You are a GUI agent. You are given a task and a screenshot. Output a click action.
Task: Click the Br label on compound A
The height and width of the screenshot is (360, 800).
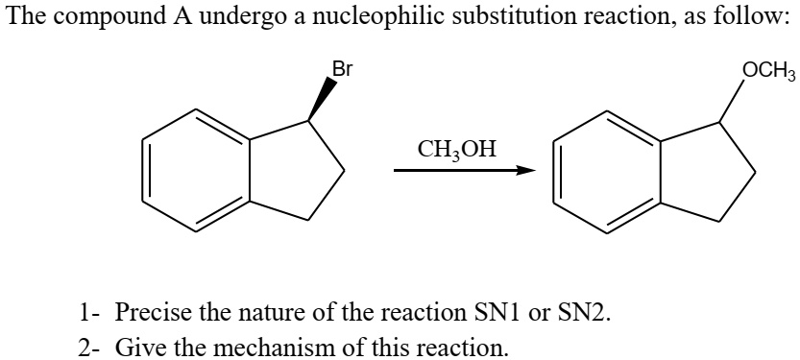(342, 69)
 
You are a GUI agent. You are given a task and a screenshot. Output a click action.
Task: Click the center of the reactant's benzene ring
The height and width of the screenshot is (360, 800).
(197, 172)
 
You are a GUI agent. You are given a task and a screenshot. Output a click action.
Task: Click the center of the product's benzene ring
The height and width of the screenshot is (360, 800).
(606, 173)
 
